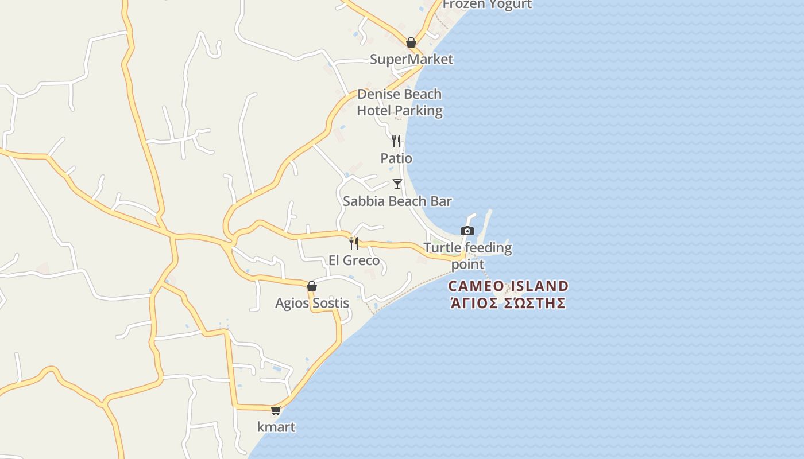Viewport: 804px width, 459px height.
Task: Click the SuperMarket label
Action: tap(411, 59)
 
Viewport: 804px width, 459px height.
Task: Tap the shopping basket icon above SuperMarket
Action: tap(411, 42)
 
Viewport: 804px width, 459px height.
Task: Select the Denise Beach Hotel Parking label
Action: tap(400, 102)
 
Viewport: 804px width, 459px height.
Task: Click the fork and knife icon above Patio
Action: tap(396, 141)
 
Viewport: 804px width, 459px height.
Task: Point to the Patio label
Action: tap(396, 158)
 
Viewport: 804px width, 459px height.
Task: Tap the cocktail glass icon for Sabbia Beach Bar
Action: tap(397, 184)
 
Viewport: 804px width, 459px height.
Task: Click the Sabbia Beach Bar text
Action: tap(397, 201)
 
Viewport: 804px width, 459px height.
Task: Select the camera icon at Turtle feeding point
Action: tap(467, 231)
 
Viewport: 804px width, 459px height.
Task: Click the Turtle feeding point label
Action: tap(467, 256)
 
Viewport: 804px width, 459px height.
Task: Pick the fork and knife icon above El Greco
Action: tap(354, 243)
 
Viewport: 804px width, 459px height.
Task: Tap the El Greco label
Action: tap(354, 260)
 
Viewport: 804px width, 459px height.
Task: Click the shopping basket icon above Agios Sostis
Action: tap(312, 286)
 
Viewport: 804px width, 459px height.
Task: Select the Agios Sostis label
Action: tap(312, 303)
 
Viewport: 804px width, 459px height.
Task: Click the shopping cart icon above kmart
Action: tap(276, 410)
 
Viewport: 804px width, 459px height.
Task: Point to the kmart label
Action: tap(276, 427)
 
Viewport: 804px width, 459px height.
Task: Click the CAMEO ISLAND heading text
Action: tap(508, 286)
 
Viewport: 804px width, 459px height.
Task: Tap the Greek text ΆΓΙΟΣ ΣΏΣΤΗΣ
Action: tap(508, 303)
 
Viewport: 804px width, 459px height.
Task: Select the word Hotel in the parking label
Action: tap(373, 111)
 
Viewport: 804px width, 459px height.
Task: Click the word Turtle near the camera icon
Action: tap(442, 248)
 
